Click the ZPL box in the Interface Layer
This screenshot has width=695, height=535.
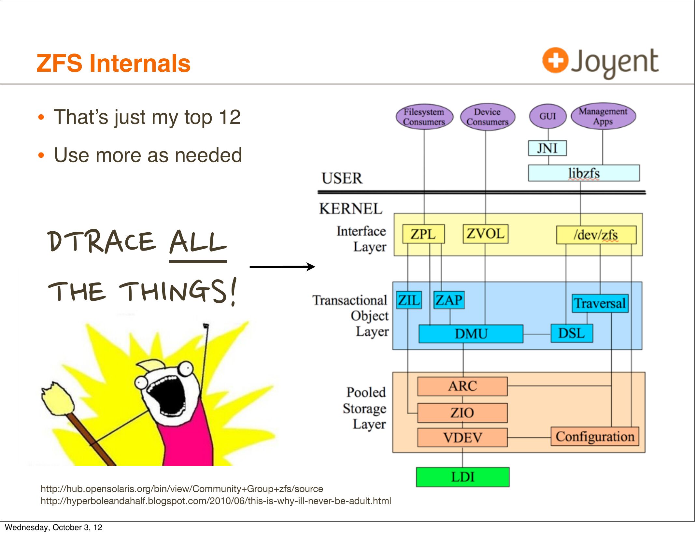click(423, 234)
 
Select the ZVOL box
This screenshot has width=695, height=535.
click(485, 234)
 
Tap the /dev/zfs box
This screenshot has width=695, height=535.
click(596, 235)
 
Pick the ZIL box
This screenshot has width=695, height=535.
click(409, 300)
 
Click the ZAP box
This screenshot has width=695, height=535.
click(449, 300)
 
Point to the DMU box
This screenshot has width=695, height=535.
click(471, 334)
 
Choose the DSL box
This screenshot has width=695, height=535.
click(572, 333)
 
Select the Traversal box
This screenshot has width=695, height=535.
click(600, 303)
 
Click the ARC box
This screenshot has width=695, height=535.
click(462, 386)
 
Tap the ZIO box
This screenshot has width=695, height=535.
click(462, 413)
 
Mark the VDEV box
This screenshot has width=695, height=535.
click(462, 438)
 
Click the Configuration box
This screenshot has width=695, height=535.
click(595, 437)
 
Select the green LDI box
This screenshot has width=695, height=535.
click(463, 477)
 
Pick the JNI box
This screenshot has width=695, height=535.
click(547, 148)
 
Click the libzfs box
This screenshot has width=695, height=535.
click(584, 173)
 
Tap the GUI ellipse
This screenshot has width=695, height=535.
click(547, 116)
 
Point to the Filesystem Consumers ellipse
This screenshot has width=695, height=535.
click(424, 117)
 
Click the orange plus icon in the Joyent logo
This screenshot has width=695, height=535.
click(555, 60)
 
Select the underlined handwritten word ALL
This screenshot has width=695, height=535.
click(198, 243)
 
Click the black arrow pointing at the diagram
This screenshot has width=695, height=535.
click(282, 267)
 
